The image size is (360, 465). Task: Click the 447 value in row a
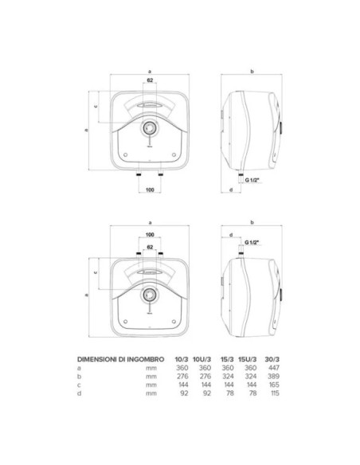(x=273, y=368)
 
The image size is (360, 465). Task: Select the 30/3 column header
(x=272, y=359)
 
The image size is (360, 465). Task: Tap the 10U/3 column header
(x=202, y=359)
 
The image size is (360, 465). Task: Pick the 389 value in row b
(x=273, y=377)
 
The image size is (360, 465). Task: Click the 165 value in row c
(x=274, y=385)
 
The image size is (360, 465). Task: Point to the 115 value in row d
(x=274, y=393)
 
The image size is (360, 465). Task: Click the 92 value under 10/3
(x=184, y=393)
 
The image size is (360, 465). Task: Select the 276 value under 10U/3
(x=205, y=377)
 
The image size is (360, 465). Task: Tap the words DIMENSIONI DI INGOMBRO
(x=120, y=359)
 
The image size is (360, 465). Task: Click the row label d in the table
(x=79, y=393)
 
